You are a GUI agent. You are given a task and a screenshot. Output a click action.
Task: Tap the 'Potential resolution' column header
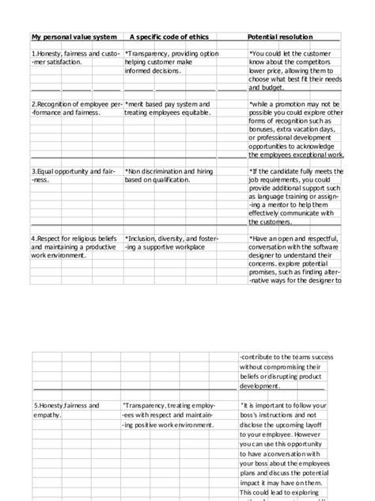coord(280,37)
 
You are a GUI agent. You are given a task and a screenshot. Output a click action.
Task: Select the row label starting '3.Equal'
coord(49,171)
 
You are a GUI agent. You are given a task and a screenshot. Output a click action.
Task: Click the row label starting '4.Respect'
coord(52,239)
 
